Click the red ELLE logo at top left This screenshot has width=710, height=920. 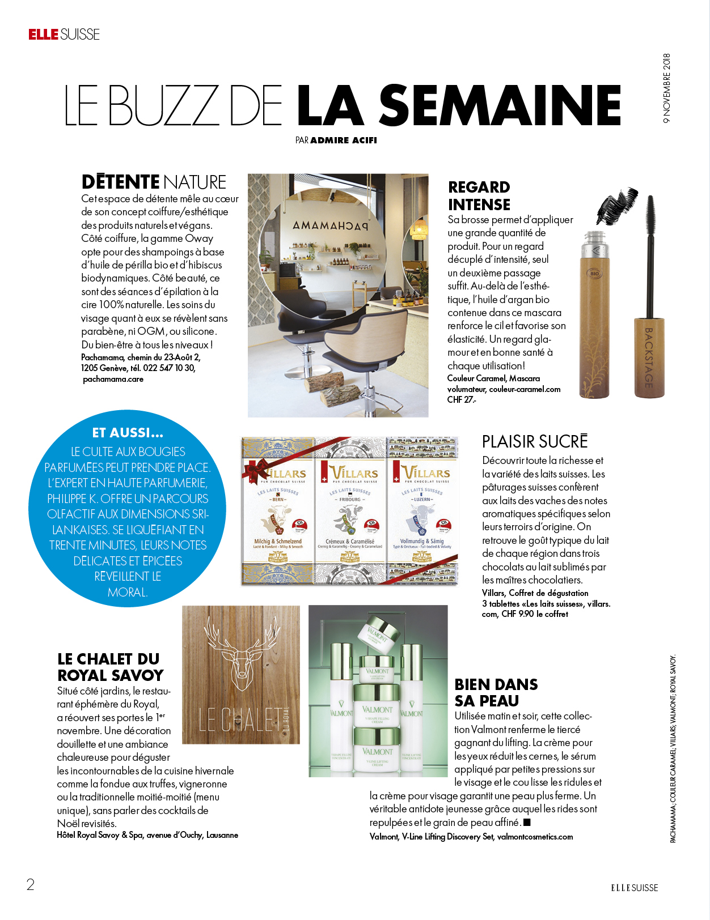[44, 35]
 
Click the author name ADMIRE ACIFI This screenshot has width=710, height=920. [344, 140]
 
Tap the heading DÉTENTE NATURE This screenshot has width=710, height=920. [154, 182]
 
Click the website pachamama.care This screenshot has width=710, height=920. [113, 379]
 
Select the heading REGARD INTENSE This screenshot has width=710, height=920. [479, 195]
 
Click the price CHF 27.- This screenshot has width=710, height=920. [462, 399]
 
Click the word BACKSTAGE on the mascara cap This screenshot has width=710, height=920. [649, 357]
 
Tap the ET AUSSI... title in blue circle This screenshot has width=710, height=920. [128, 433]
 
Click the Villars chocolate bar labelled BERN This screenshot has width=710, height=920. [278, 510]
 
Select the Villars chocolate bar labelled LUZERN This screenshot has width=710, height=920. [422, 510]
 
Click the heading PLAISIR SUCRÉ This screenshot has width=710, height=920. [535, 441]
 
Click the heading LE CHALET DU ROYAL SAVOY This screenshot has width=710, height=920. [110, 667]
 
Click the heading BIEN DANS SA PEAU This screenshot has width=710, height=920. [496, 692]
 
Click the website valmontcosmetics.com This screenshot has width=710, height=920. [535, 837]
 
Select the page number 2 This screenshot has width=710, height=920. [31, 884]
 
